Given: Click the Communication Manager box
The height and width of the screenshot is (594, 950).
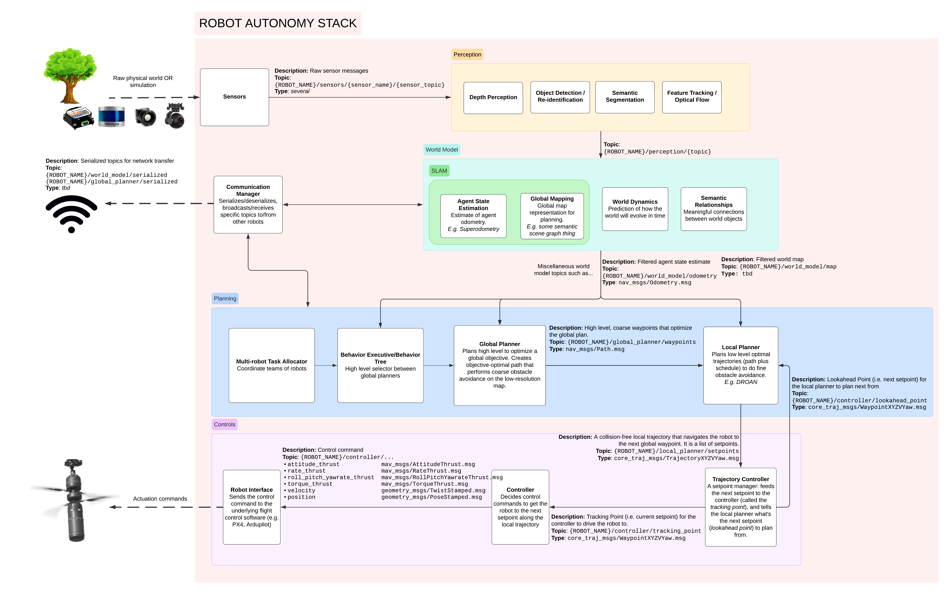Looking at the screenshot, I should click(x=248, y=204).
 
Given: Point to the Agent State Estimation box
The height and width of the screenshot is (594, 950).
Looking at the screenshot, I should click(x=473, y=216).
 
